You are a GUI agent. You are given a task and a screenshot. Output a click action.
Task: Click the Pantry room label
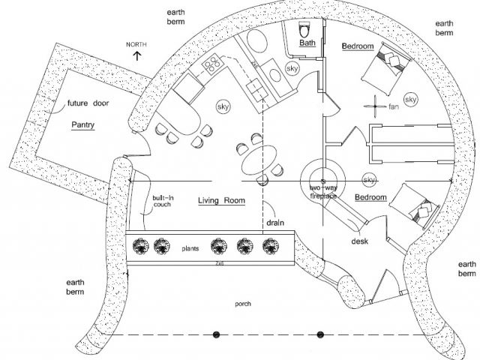pos(82,125)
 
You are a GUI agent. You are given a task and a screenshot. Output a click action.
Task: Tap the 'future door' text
pos(88,103)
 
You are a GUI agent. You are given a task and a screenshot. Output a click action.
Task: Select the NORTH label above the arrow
pos(136,45)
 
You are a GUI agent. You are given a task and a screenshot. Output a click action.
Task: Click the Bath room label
pos(307,44)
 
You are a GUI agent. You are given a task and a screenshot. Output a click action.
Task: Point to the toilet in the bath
pos(304,29)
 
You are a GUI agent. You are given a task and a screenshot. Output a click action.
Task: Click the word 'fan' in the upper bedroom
pos(393,107)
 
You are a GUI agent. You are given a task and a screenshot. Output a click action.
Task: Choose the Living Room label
pos(222,200)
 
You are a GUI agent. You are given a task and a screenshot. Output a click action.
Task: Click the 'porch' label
pos(242,304)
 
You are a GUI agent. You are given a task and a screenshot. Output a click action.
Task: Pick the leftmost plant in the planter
pos(139,245)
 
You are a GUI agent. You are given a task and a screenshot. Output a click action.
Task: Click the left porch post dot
pos(215,334)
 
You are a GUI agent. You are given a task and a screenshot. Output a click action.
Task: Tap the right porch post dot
pos(320,334)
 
